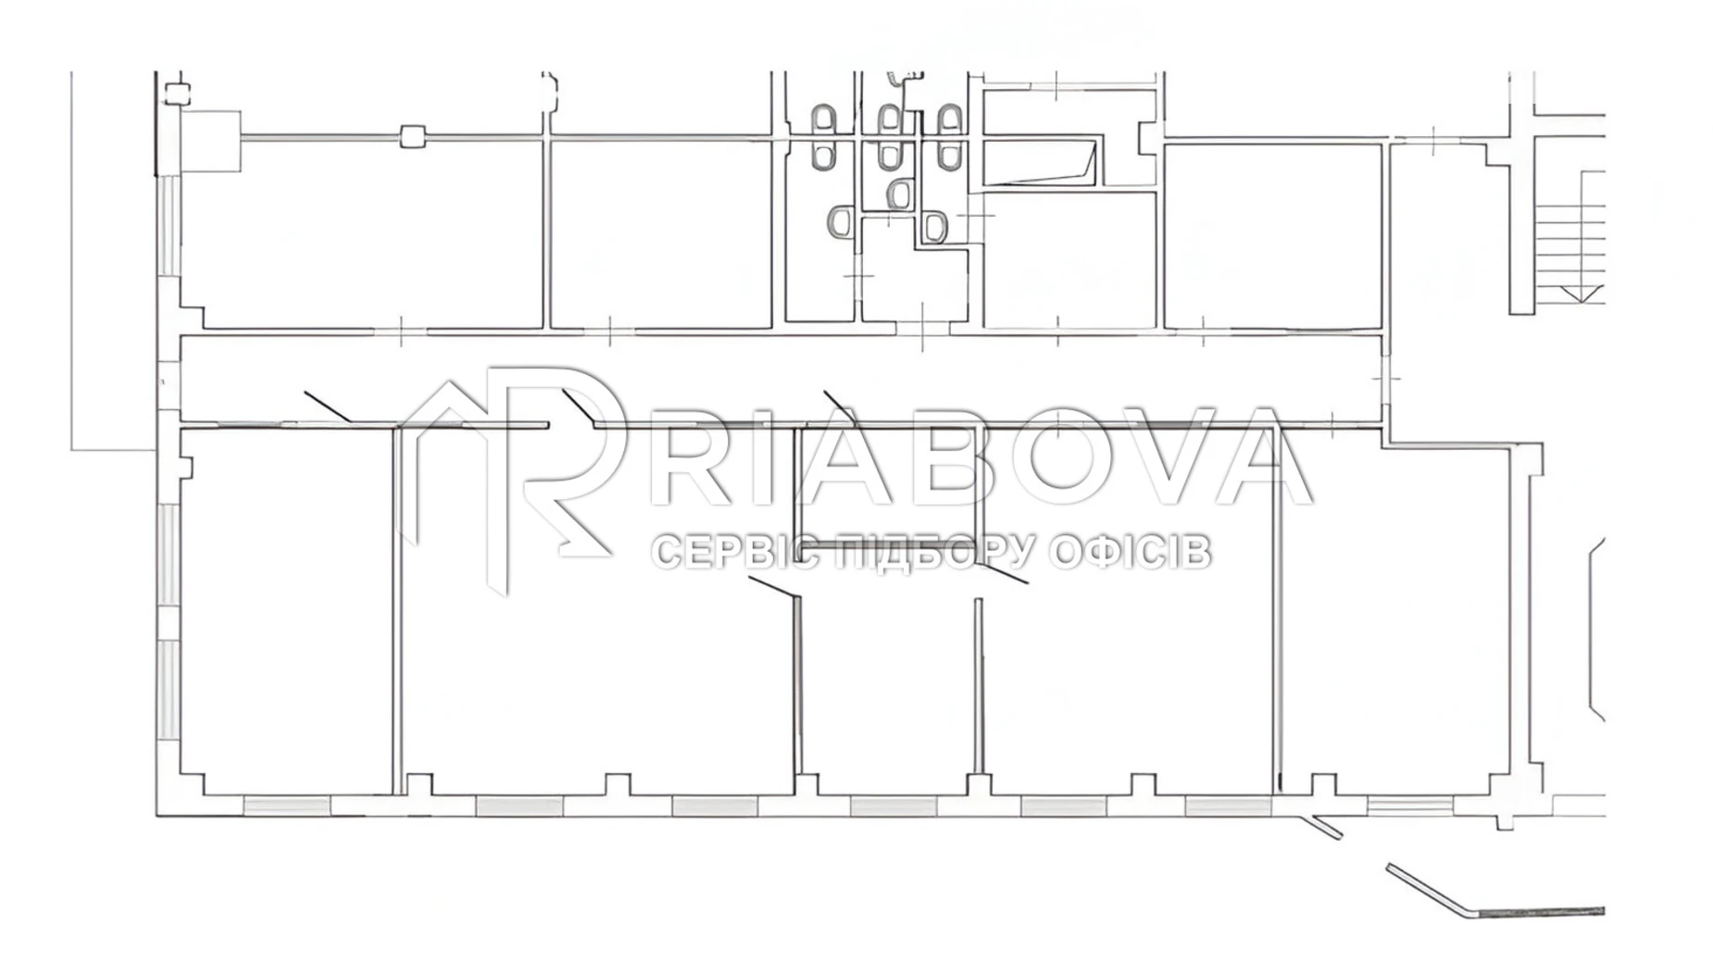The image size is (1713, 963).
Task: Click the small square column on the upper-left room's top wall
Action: point(412,136)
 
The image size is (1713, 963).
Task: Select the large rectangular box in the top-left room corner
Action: point(211,141)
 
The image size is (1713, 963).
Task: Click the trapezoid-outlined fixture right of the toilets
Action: point(1040,165)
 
